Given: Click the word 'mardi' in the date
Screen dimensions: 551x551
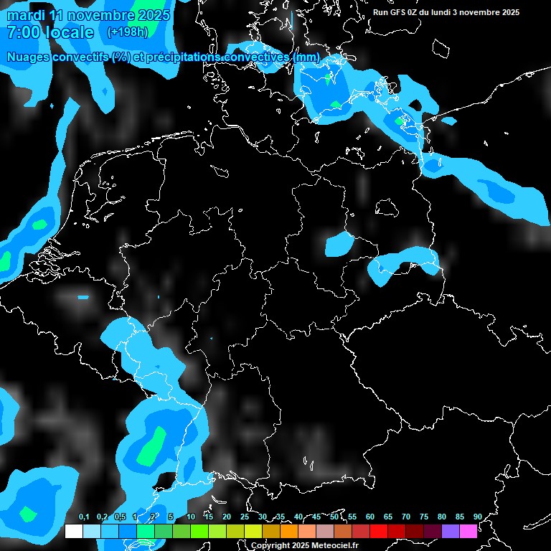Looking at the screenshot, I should tap(26, 15).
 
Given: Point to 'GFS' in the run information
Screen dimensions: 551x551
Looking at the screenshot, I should tap(403, 12).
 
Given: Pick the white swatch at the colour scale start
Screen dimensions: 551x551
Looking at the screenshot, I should tap(73, 532).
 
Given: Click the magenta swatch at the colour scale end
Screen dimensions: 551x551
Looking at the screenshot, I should tap(468, 532).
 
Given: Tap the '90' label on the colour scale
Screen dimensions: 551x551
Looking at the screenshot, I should tap(477, 517).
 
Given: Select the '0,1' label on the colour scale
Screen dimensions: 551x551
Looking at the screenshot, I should tap(84, 517).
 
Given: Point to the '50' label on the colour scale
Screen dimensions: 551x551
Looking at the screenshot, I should tap(334, 517).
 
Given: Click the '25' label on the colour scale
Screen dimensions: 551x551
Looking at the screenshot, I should tap(245, 517).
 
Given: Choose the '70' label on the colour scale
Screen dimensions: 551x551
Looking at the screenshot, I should tap(406, 517).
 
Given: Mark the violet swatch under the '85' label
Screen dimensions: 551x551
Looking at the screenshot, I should tap(450, 532).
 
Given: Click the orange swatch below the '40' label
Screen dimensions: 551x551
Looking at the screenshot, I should tap(288, 532).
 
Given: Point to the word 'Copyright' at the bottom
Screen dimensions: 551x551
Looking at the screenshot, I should tap(270, 545).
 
